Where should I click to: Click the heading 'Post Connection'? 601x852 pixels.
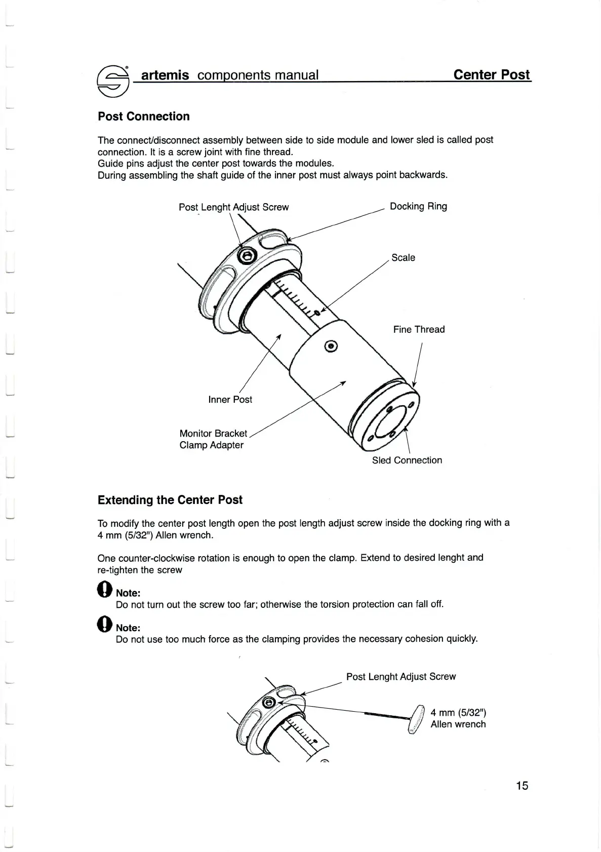click(x=144, y=117)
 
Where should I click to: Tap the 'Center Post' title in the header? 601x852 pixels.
click(x=491, y=75)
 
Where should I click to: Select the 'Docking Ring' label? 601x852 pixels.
click(x=418, y=206)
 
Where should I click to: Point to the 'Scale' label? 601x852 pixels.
click(x=403, y=258)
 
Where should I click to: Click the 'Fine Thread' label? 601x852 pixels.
click(x=419, y=329)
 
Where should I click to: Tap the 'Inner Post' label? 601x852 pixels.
click(x=230, y=400)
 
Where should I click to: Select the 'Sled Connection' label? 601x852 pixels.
click(x=407, y=460)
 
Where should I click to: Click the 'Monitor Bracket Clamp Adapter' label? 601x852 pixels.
click(x=213, y=439)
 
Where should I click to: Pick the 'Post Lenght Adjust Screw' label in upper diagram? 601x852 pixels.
click(x=233, y=207)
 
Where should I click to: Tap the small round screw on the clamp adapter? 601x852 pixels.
click(x=332, y=346)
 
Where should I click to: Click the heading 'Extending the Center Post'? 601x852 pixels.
click(x=170, y=500)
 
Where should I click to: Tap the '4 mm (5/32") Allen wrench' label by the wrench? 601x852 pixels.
click(x=458, y=718)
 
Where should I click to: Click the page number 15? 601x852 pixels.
click(x=522, y=786)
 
